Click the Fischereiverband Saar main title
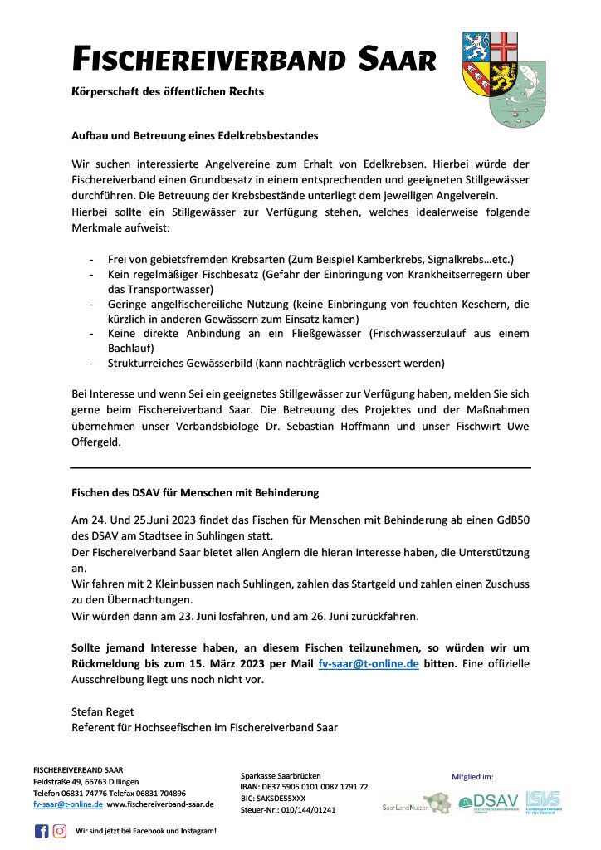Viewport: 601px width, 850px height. pos(254,60)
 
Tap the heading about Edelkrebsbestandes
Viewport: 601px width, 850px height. pos(195,135)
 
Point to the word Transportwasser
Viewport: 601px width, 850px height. pos(173,289)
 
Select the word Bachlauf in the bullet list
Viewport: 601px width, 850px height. pos(130,348)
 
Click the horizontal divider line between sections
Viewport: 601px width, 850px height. pos(300,467)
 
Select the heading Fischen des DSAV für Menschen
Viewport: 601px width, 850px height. pos(195,492)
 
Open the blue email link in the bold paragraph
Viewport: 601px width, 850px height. pos(368,663)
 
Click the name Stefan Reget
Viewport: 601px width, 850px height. pos(102,711)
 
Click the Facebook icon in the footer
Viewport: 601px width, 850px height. pos(42,831)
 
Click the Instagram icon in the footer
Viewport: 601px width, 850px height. pos(60,831)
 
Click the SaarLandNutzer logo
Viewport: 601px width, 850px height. pos(416,804)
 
